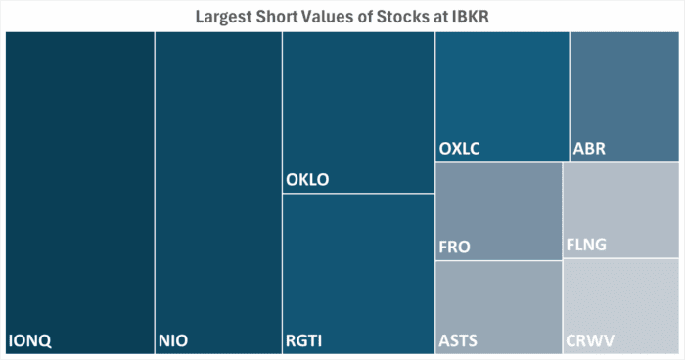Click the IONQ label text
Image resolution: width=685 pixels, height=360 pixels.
(x=29, y=341)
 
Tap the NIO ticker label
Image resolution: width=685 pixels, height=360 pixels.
(x=172, y=341)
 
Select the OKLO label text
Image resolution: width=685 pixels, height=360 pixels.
(x=307, y=180)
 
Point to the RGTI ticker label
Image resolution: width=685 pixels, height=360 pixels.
(x=303, y=341)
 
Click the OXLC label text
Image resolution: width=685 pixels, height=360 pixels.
(x=460, y=150)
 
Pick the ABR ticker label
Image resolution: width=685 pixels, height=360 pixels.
(x=590, y=150)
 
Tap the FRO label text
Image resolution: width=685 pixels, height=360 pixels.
(x=455, y=247)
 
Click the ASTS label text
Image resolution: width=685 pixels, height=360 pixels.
(x=459, y=341)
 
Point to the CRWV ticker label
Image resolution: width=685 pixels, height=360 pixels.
(x=591, y=341)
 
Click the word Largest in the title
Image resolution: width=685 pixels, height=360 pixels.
(x=226, y=16)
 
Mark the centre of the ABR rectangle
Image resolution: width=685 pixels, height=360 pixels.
(x=624, y=97)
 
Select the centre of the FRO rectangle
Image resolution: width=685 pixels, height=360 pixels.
(x=498, y=211)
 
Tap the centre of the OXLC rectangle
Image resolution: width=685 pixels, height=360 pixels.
(x=502, y=97)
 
